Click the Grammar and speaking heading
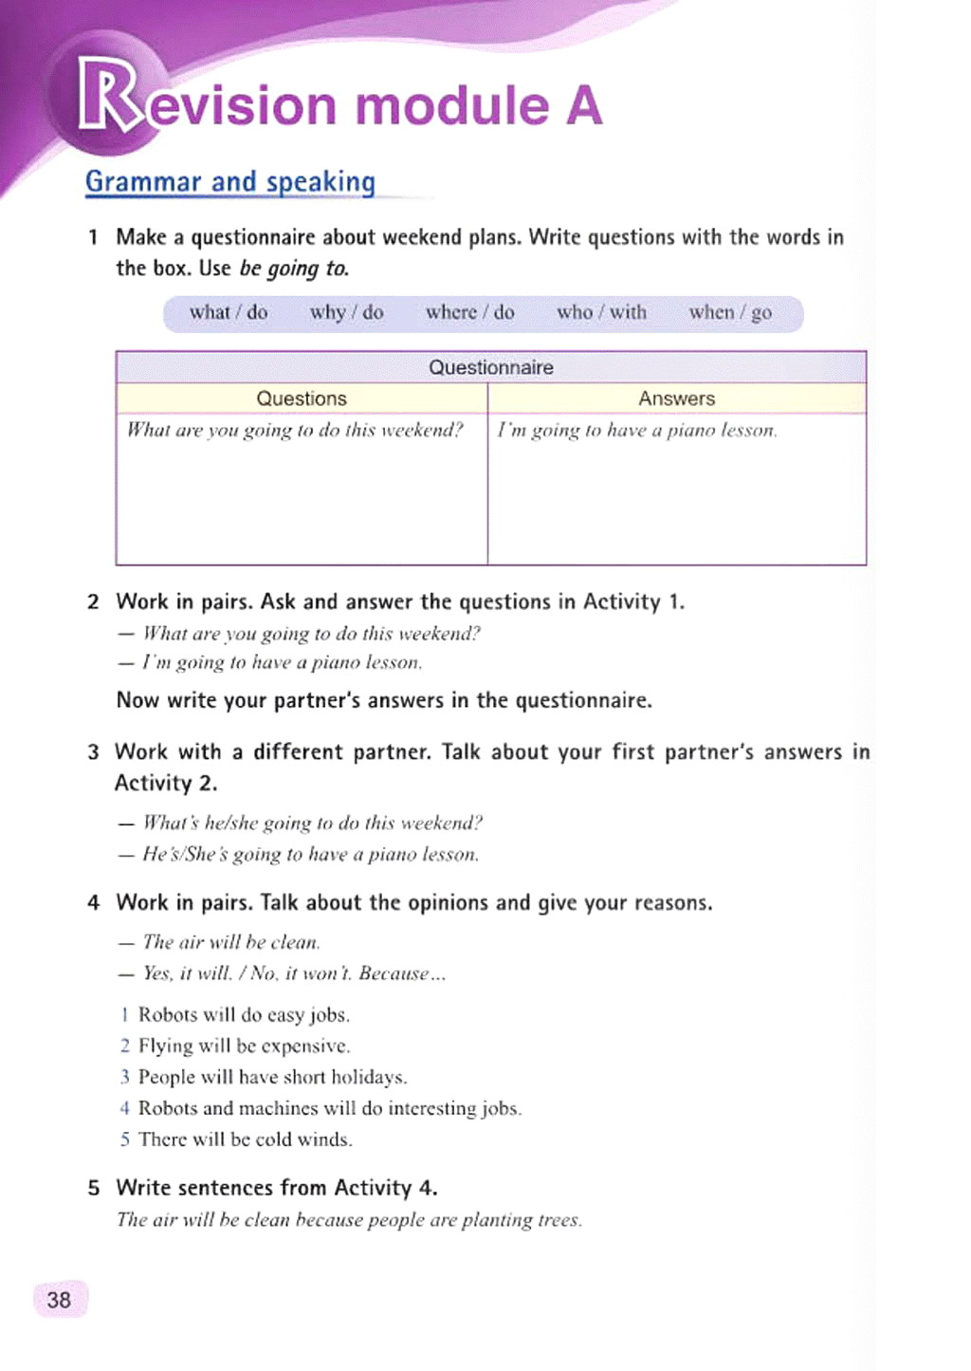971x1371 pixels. point(230,181)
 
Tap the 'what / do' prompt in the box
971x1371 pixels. point(229,312)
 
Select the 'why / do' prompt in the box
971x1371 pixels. point(346,312)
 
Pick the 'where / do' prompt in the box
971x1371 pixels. point(469,312)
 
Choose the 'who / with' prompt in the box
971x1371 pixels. point(601,312)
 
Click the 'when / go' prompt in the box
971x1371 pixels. point(730,312)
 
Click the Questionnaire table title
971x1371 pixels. point(490,367)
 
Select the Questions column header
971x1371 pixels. point(302,398)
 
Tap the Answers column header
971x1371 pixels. point(676,398)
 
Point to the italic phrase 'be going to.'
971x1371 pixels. point(294,269)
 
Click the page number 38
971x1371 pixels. point(59,1300)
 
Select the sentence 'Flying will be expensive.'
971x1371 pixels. point(244,1046)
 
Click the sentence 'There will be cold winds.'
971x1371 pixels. point(245,1139)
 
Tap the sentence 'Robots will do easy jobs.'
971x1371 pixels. point(244,1014)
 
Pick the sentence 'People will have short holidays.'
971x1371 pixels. point(272,1077)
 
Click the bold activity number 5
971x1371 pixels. point(93,1188)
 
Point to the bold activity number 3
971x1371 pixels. point(93,752)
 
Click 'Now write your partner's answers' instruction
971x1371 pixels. point(384,701)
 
